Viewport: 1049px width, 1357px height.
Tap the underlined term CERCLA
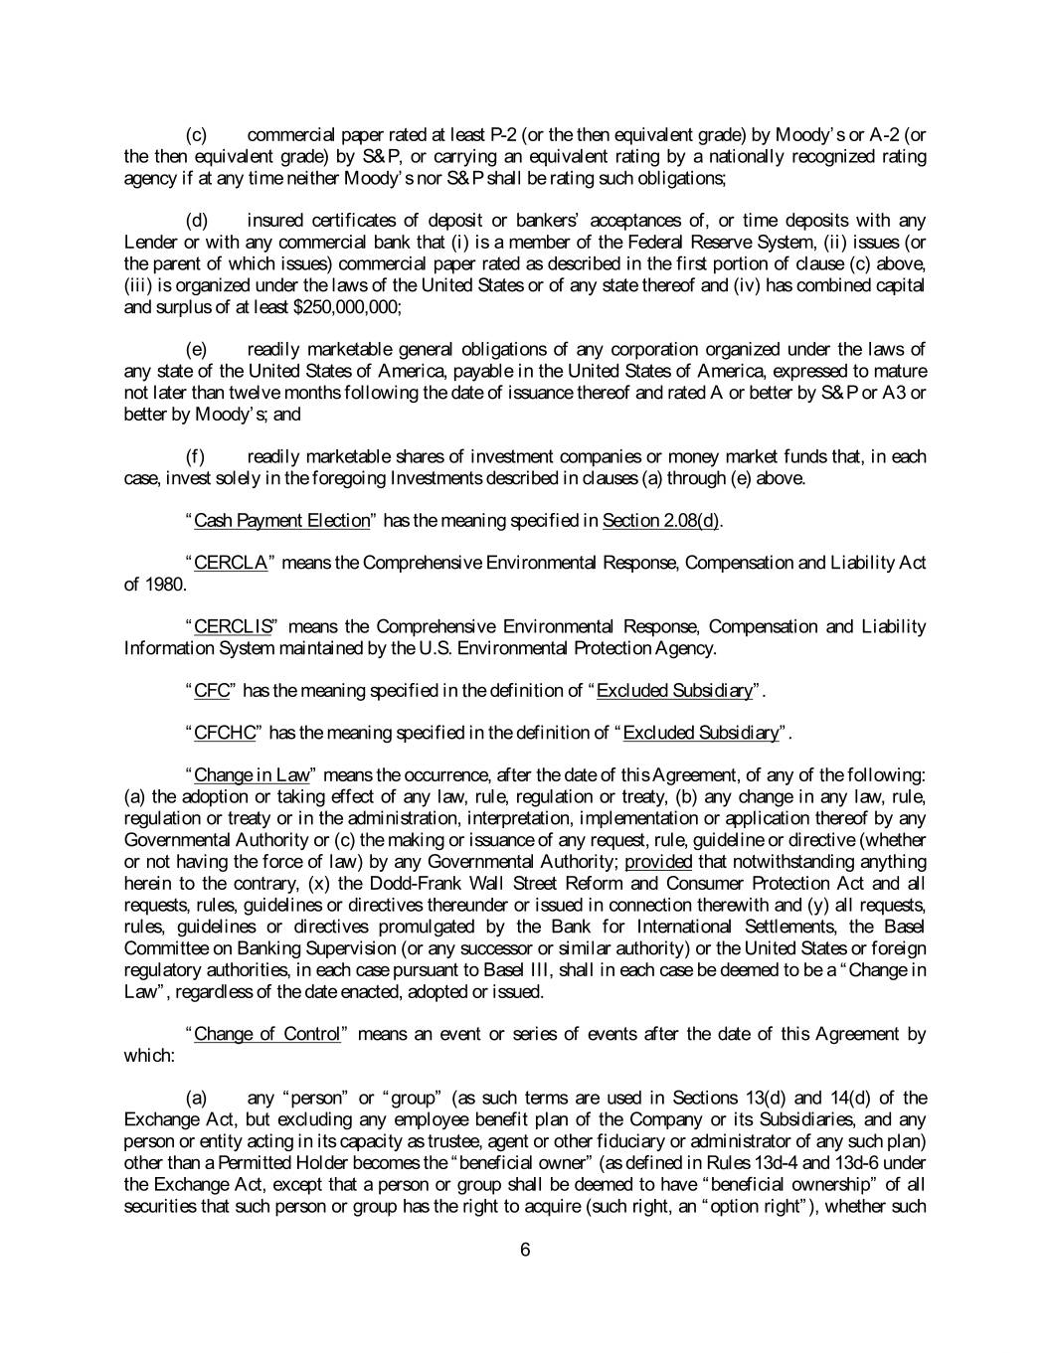(x=231, y=564)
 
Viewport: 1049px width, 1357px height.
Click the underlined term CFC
(x=212, y=691)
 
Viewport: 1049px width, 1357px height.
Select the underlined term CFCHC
(x=225, y=734)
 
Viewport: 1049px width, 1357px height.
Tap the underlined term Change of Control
(x=267, y=1034)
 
